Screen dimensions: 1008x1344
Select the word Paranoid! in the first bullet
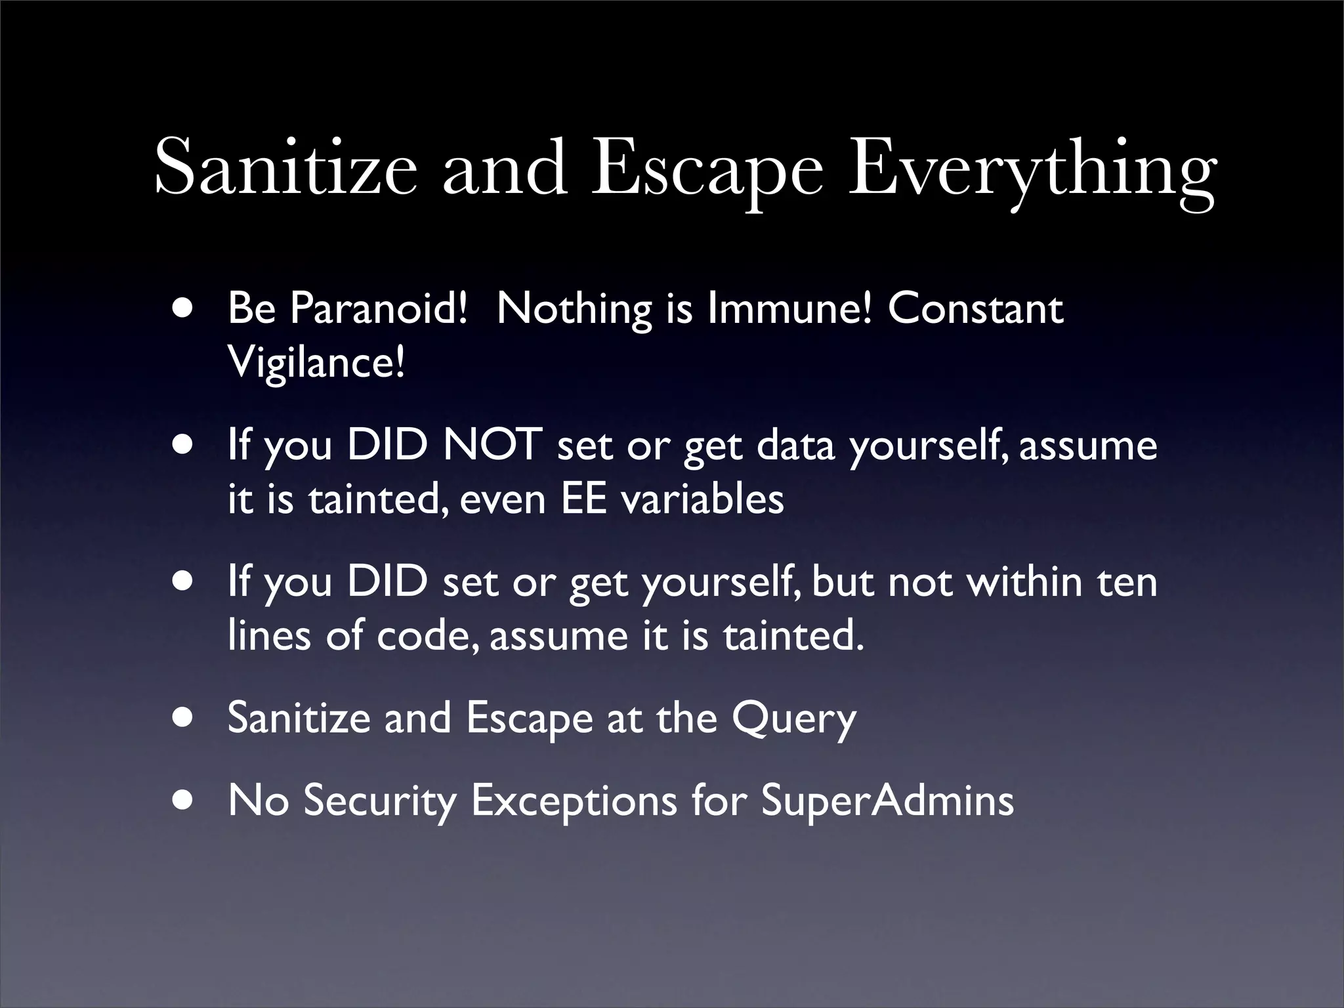click(x=379, y=308)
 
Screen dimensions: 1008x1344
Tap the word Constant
click(x=975, y=308)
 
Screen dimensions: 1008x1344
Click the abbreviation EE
click(x=583, y=499)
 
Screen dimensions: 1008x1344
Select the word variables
click(x=702, y=499)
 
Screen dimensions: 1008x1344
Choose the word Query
click(x=794, y=719)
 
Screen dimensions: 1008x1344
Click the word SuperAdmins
click(x=887, y=801)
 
